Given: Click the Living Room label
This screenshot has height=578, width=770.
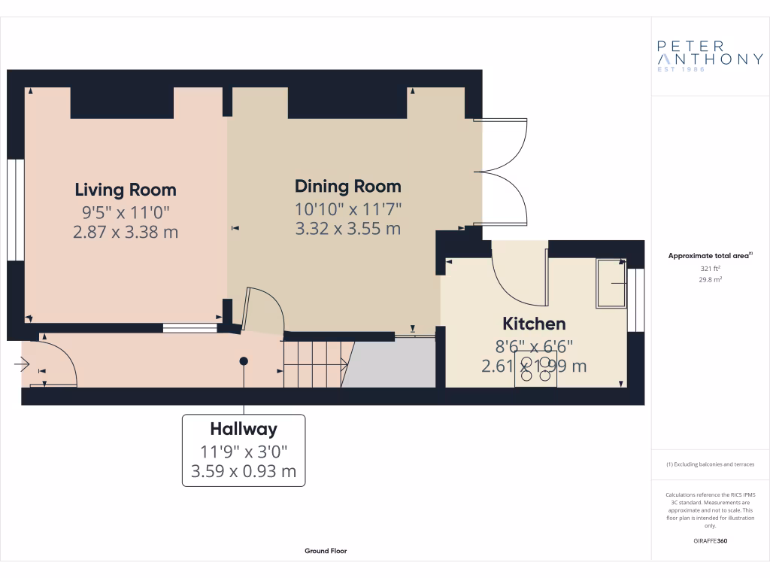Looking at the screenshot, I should pos(126,190).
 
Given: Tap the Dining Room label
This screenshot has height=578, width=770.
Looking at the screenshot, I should pos(347,186).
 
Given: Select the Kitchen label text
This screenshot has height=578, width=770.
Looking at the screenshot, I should pos(534,324).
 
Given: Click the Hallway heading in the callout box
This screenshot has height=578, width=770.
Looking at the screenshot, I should pos(244,429).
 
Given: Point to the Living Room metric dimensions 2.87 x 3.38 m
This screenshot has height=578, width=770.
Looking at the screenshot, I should pos(126,232).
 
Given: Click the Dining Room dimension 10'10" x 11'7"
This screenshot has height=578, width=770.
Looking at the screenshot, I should pos(347,208).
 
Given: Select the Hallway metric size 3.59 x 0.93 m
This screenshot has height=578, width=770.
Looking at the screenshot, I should pos(244,473).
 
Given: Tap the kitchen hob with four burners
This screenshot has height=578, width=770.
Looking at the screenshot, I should pos(535,370).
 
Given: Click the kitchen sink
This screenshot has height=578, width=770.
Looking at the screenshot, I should pos(611,283).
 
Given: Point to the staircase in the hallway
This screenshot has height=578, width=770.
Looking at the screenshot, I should pos(314,364).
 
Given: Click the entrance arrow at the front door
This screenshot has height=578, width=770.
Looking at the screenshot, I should pos(20,365).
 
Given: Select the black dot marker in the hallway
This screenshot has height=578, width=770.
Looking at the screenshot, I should pos(244,361).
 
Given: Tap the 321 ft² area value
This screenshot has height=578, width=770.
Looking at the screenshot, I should pos(710,268).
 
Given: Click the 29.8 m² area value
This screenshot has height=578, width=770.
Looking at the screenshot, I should pos(710,279).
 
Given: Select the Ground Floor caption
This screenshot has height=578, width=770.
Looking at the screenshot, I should pos(326,551).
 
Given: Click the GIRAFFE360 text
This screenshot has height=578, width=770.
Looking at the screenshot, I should pos(710,540).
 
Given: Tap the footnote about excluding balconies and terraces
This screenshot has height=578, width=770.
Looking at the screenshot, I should pos(710,464).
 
